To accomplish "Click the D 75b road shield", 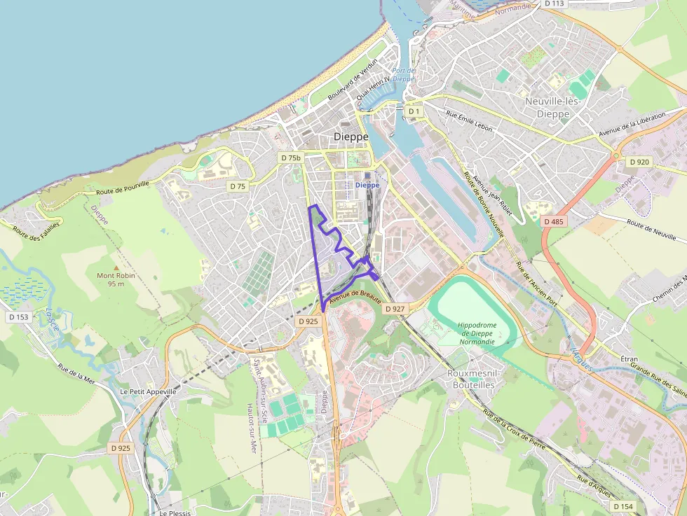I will tap(291, 158).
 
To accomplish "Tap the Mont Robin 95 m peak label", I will tap(116, 279).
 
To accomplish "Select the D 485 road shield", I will tap(554, 221).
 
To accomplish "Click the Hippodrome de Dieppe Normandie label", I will tap(477, 333).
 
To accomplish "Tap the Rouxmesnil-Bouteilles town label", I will tap(470, 379).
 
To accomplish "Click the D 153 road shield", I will tap(19, 317).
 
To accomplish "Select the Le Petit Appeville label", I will tap(149, 391).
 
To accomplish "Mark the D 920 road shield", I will tap(639, 162).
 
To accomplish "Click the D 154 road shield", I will tap(623, 506).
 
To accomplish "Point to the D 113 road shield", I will tap(554, 4).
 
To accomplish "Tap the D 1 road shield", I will tap(414, 111).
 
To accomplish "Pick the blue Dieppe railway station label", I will tap(367, 185).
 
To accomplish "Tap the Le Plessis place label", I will tap(175, 512).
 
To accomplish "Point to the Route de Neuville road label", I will tap(655, 230).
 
